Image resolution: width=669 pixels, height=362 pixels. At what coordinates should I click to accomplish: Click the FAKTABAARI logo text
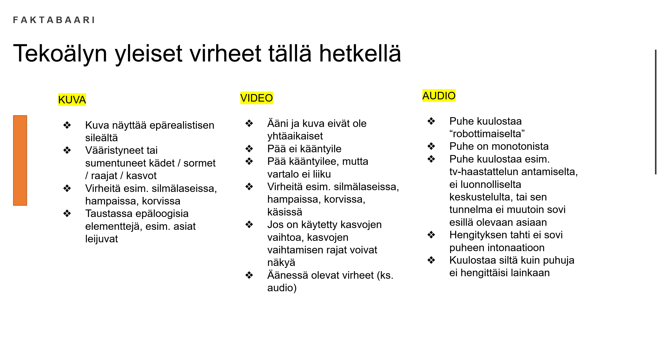click(54, 20)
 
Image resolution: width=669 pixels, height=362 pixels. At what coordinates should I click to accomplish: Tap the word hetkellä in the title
click(360, 53)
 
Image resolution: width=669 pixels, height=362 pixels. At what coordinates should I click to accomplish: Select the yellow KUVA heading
click(72, 100)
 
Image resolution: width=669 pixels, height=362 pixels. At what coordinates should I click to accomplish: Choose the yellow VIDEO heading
click(256, 98)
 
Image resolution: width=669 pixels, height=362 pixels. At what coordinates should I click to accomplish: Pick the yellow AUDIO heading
click(439, 96)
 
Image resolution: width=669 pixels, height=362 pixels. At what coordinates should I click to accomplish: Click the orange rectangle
click(20, 161)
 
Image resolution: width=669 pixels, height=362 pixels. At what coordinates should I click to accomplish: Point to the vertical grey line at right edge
click(656, 112)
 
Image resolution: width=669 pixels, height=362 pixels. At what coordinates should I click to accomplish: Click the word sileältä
click(101, 138)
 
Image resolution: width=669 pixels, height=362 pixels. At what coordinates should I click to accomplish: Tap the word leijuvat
click(101, 239)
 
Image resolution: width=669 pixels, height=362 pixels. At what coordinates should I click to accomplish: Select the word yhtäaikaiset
click(295, 136)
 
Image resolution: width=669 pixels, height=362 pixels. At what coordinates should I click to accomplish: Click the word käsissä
click(285, 212)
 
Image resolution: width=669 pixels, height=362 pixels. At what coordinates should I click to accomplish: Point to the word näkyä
click(281, 263)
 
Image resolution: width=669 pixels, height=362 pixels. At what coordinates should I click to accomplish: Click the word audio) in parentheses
click(282, 288)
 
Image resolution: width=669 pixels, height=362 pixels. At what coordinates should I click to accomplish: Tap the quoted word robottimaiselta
click(487, 134)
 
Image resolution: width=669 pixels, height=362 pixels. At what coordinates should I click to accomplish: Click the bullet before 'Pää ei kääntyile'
click(249, 149)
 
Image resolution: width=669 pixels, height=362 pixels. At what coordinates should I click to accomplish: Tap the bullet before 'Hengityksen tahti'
click(431, 235)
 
